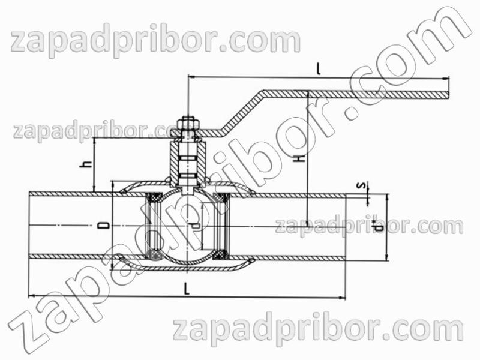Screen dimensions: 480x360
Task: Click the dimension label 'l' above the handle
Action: [x=319, y=69]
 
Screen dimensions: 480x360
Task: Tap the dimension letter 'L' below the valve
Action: [x=187, y=289]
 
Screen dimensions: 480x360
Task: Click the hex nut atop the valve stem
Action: [x=188, y=124]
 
